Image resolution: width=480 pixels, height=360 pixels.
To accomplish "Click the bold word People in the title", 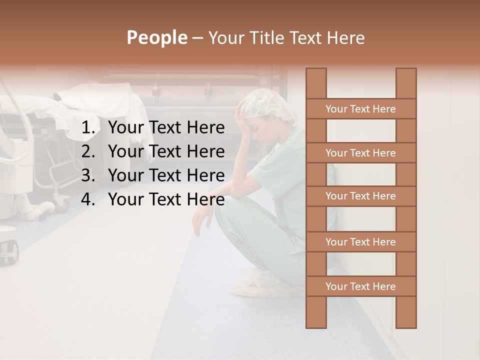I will pyautogui.click(x=156, y=37).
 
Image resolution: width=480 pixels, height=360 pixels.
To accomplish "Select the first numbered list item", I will pyautogui.click(x=166, y=128).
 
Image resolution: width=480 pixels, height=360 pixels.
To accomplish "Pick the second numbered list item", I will pyautogui.click(x=166, y=151).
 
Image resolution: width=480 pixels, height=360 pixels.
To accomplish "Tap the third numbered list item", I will pyautogui.click(x=166, y=175).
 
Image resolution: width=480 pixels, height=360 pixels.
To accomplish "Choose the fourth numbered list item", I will pyautogui.click(x=166, y=199).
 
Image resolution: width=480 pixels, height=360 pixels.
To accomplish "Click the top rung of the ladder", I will pyautogui.click(x=360, y=109).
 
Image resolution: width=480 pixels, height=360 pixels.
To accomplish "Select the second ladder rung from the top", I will pyautogui.click(x=360, y=153).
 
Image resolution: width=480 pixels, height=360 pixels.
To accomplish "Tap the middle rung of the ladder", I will pyautogui.click(x=360, y=196).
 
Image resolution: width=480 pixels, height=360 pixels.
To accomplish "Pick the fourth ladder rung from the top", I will pyautogui.click(x=360, y=242).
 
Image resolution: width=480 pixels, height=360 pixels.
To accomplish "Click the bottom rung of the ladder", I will pyautogui.click(x=360, y=286).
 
